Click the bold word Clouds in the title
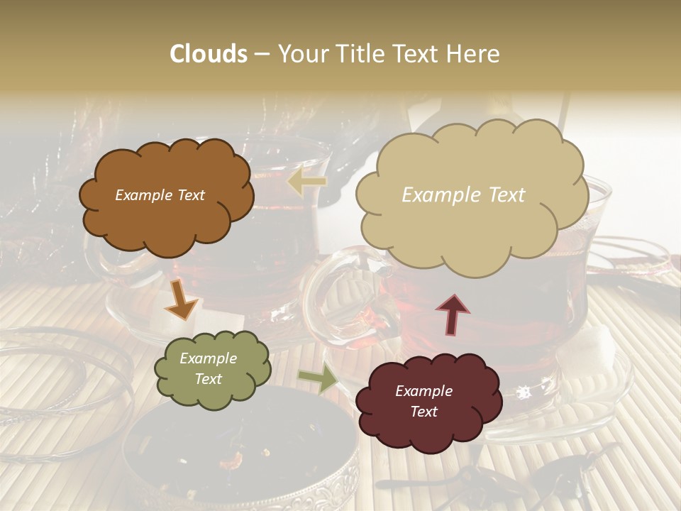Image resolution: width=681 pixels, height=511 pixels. coord(209,54)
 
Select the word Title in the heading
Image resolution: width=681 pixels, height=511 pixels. coord(359,54)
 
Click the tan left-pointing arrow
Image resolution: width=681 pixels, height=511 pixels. coord(306,182)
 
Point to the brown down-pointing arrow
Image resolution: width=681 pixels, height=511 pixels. coord(181,299)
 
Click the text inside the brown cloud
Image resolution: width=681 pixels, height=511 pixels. coord(160,195)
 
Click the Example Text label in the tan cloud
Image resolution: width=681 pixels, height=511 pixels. coord(463,195)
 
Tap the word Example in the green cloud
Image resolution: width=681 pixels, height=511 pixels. coord(209,358)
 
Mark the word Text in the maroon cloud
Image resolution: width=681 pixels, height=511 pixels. coord(424,412)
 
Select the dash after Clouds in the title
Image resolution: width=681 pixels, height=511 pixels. coord(262,54)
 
